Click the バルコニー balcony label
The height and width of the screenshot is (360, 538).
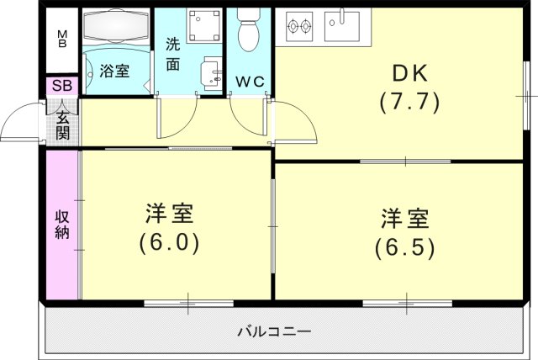(273, 331)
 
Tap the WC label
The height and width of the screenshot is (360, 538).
(249, 82)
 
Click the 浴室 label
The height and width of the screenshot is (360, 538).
(115, 71)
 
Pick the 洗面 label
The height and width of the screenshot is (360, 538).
(172, 54)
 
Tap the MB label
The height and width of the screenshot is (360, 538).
(61, 38)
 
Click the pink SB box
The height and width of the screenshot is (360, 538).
(61, 86)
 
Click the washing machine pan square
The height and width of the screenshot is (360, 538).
(202, 29)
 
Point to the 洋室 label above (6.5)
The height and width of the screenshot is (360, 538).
(405, 219)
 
